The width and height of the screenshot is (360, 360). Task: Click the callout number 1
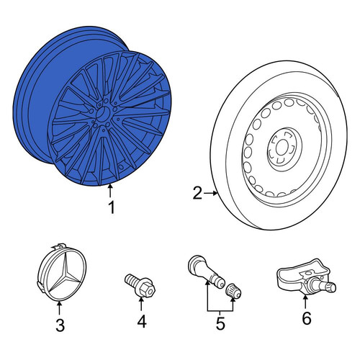[x=112, y=207]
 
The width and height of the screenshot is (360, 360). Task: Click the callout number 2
[x=197, y=193]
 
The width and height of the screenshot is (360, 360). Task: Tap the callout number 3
[x=60, y=325]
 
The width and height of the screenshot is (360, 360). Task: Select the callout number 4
[x=142, y=321]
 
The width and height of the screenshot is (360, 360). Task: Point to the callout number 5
[x=220, y=323]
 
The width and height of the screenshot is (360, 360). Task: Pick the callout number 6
[x=307, y=318]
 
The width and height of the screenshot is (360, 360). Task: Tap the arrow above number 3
[x=59, y=308]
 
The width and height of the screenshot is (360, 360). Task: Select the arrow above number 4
[x=141, y=304]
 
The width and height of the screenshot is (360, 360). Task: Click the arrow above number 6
[x=305, y=302]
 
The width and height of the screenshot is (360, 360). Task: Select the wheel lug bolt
[x=140, y=286]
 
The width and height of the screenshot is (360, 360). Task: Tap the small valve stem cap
[x=233, y=291]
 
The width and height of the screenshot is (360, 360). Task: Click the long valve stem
[x=205, y=272]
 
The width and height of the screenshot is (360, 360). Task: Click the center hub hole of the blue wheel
[x=103, y=114]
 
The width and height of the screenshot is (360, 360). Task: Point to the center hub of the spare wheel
[x=282, y=148]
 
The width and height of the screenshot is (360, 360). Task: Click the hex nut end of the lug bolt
[x=146, y=289]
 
